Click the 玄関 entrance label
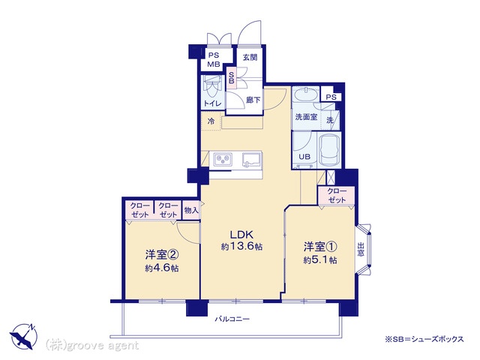(x=250, y=57)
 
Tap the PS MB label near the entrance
(x=214, y=60)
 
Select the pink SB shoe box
(x=231, y=78)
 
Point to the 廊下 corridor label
(x=253, y=100)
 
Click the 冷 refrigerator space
(x=211, y=121)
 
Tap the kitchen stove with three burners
(x=223, y=159)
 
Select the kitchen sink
(x=252, y=160)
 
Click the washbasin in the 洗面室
(x=306, y=95)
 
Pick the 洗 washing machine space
(x=330, y=120)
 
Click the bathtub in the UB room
(x=330, y=150)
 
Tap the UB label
(x=304, y=157)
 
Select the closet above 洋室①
(x=337, y=196)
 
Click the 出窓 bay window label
(x=361, y=249)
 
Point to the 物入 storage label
(x=191, y=210)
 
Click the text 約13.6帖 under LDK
(x=241, y=247)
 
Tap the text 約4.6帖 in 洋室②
(x=162, y=268)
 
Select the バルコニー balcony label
(x=232, y=319)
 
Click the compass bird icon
(x=23, y=337)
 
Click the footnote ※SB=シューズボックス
(x=424, y=339)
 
